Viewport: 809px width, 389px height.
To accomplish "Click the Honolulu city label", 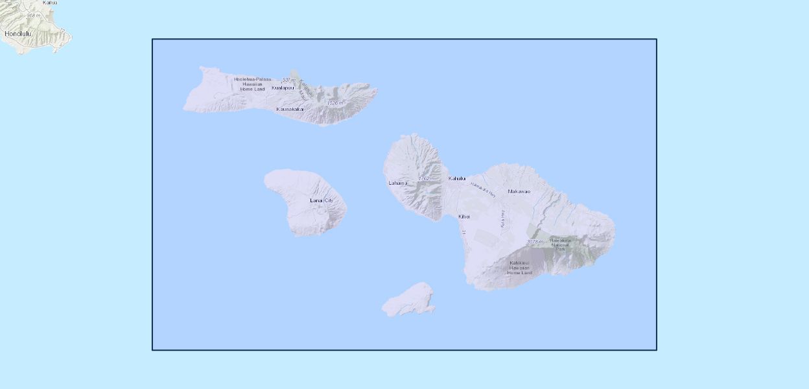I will pos(18,33).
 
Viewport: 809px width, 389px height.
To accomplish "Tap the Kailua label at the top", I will pos(49,3).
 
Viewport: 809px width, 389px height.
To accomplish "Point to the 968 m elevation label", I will pos(34,15).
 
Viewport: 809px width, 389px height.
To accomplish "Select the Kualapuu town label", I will pos(283,88).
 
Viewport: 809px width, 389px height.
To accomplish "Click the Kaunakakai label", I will pos(290,109).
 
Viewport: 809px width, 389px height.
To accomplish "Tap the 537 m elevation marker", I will pos(289,80).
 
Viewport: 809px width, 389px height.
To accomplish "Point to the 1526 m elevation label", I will pos(334,103).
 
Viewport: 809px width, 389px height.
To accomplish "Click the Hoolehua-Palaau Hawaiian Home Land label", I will pos(253,84).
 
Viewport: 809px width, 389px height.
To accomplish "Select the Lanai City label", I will pos(322,200).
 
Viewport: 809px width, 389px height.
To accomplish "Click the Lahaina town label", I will pos(398,183).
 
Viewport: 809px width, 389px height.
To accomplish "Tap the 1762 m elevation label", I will pos(427,178).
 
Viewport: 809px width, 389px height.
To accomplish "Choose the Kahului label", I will pos(457,178).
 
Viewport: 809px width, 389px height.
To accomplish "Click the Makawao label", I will pos(519,191).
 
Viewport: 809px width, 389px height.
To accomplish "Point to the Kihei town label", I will pos(463,216).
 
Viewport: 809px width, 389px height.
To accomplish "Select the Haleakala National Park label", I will pos(561,244).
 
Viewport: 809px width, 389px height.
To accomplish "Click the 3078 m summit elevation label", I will pos(535,242).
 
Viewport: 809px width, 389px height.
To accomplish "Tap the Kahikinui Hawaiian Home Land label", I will pos(519,267).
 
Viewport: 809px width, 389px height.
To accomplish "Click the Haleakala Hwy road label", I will pos(483,189).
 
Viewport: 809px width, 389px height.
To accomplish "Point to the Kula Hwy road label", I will pos(502,218).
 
